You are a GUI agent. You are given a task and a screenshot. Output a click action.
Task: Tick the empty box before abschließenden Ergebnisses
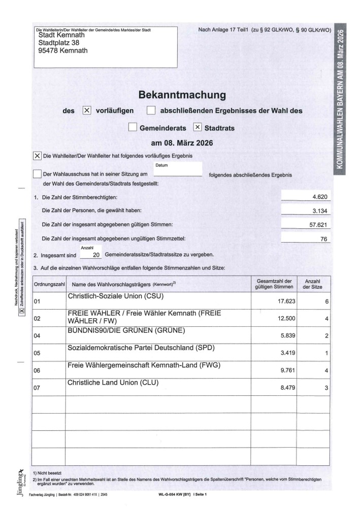tap(151, 111)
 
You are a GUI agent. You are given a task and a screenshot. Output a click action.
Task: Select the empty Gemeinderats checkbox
tap(133, 128)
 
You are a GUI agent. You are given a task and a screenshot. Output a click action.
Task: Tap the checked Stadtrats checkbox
tap(198, 128)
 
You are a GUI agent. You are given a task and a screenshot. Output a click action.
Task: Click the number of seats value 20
tap(96, 255)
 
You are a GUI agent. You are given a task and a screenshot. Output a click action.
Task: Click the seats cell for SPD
tap(327, 353)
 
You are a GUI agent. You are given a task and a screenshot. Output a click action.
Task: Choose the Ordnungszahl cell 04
tap(37, 336)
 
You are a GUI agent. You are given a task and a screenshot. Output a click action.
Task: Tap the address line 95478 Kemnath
tap(63, 51)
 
